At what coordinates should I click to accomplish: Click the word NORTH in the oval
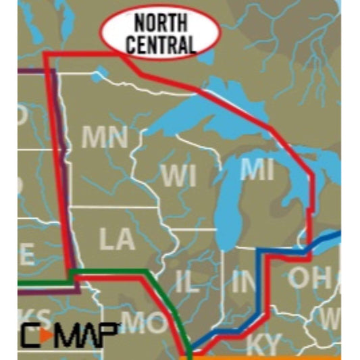pyautogui.click(x=160, y=22)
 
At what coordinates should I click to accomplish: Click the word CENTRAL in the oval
pyautogui.click(x=160, y=44)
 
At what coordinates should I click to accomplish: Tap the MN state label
pyautogui.click(x=105, y=138)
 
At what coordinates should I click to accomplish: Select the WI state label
pyautogui.click(x=178, y=176)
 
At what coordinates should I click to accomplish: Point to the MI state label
pyautogui.click(x=257, y=170)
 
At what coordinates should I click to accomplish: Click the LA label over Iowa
pyautogui.click(x=116, y=239)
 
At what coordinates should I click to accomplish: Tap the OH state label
pyautogui.click(x=310, y=277)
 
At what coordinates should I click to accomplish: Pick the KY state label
pyautogui.click(x=262, y=343)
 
